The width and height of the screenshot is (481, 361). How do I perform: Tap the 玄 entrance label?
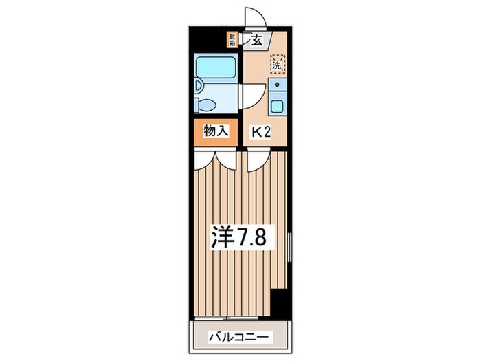(x=256, y=41)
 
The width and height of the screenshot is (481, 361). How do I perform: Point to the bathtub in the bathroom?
(x=215, y=67)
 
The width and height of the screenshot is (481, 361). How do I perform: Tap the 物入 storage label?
(x=215, y=131)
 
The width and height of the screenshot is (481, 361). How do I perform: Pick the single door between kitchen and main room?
(x=256, y=160)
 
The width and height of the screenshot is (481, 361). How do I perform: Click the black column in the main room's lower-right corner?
(x=279, y=302)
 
